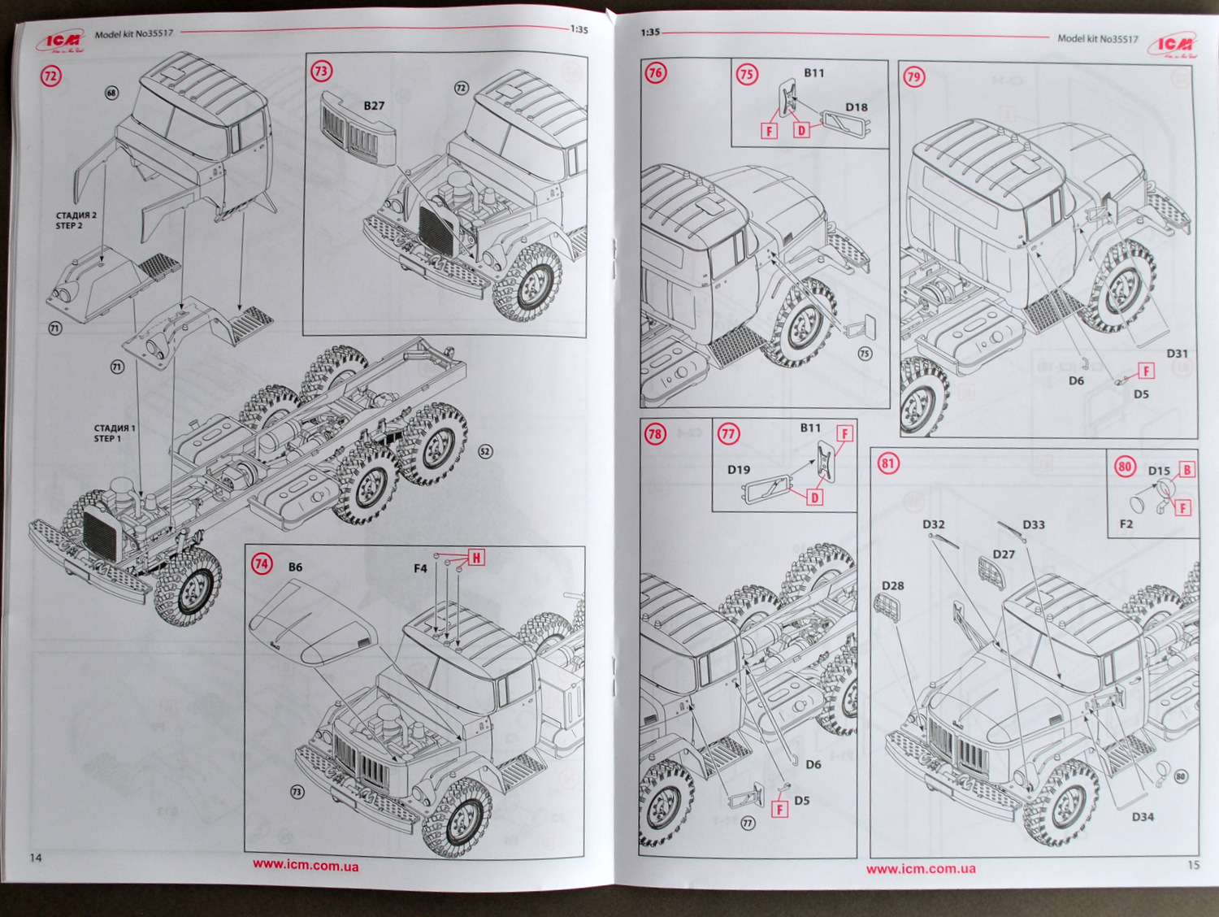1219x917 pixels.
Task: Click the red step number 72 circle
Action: (x=51, y=76)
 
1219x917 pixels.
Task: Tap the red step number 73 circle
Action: (x=321, y=71)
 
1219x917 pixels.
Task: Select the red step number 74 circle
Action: (x=262, y=563)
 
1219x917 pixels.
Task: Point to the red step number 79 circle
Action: (x=914, y=77)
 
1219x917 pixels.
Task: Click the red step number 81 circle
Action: (x=887, y=463)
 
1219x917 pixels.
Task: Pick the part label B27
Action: (x=374, y=106)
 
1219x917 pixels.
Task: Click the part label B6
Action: (x=295, y=567)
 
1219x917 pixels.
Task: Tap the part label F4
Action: (x=420, y=568)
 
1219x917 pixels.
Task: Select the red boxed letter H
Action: (x=476, y=558)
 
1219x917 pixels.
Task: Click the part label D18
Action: (x=857, y=107)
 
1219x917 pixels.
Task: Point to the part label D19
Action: (x=739, y=470)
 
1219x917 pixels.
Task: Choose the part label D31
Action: (x=1177, y=354)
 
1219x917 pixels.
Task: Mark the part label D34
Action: (x=1143, y=817)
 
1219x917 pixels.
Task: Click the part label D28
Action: (x=892, y=585)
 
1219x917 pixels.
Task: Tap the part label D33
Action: (x=1034, y=525)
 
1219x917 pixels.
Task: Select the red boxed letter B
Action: (x=1186, y=470)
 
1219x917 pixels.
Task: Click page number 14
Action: (x=36, y=858)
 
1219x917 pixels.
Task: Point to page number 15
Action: (x=1193, y=864)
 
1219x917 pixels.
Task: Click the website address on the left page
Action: (x=306, y=865)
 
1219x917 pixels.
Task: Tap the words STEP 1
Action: (x=107, y=439)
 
